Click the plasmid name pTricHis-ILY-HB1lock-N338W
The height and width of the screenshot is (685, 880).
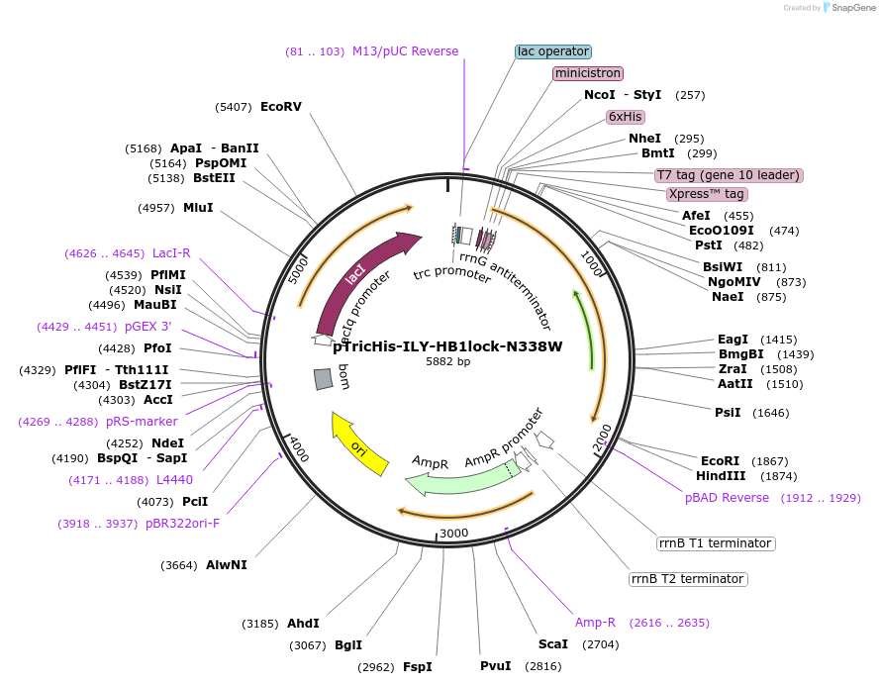pyautogui.click(x=447, y=346)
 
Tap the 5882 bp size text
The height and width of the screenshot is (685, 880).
pyautogui.click(x=447, y=362)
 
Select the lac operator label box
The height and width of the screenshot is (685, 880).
pyautogui.click(x=553, y=51)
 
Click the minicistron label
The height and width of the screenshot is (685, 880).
pyautogui.click(x=588, y=73)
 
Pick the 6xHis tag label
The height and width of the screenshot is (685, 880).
pyautogui.click(x=626, y=117)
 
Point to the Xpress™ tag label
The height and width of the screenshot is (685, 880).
pyautogui.click(x=706, y=194)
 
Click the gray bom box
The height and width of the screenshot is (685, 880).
pyautogui.click(x=323, y=379)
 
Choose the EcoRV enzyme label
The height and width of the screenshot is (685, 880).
pyautogui.click(x=280, y=107)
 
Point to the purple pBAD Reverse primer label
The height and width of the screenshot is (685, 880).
pyautogui.click(x=727, y=498)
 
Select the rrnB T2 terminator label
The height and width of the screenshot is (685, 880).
pyautogui.click(x=688, y=579)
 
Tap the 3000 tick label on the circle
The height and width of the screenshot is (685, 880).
pyautogui.click(x=453, y=534)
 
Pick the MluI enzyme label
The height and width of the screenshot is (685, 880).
pyautogui.click(x=198, y=208)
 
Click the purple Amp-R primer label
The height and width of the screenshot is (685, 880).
pyautogui.click(x=595, y=623)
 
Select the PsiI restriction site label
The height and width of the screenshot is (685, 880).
pyautogui.click(x=728, y=412)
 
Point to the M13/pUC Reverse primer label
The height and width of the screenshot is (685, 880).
pyautogui.click(x=405, y=51)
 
